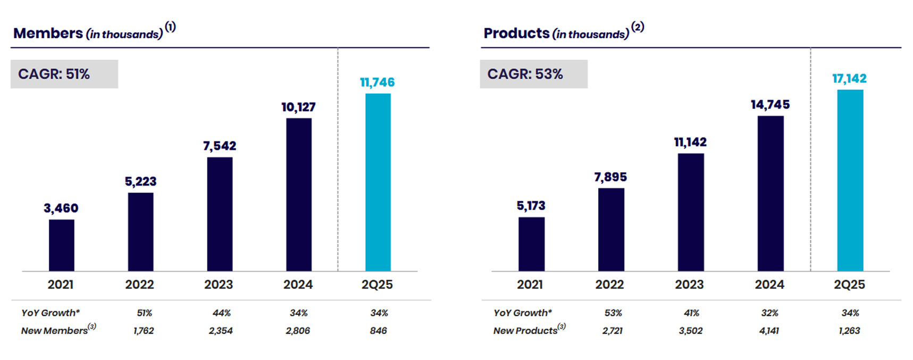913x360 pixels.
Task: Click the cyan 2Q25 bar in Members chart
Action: [378, 182]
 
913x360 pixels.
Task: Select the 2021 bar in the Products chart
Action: [531, 244]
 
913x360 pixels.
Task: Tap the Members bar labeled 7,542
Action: [220, 214]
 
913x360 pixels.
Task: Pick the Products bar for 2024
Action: [770, 194]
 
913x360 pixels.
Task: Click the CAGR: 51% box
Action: [64, 74]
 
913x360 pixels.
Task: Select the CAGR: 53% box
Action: [533, 74]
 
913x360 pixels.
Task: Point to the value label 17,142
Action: [849, 79]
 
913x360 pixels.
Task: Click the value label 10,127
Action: [298, 107]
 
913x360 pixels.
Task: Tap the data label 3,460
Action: [61, 208]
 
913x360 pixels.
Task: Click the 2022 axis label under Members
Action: [139, 285]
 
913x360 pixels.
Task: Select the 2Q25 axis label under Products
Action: [849, 285]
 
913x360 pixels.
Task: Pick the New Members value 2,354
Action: [221, 331]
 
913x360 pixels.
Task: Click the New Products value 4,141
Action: [769, 331]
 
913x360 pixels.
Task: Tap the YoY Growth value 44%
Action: [221, 313]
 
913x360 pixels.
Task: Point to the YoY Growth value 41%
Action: [691, 313]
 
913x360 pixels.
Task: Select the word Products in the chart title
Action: [516, 34]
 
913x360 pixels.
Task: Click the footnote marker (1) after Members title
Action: [170, 27]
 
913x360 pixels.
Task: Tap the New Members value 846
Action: [378, 331]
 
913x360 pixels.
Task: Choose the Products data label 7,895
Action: [610, 177]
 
